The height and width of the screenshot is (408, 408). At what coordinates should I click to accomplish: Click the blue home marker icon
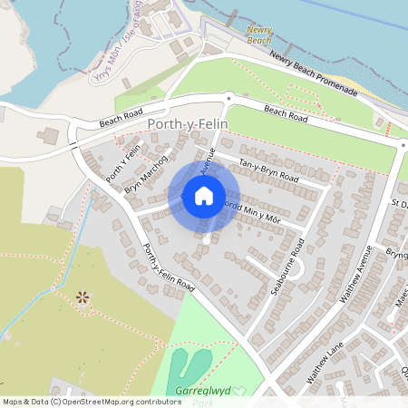tap(204, 195)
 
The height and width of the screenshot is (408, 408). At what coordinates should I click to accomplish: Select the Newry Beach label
tap(259, 34)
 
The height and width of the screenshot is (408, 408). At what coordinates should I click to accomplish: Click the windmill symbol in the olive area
tap(83, 296)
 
